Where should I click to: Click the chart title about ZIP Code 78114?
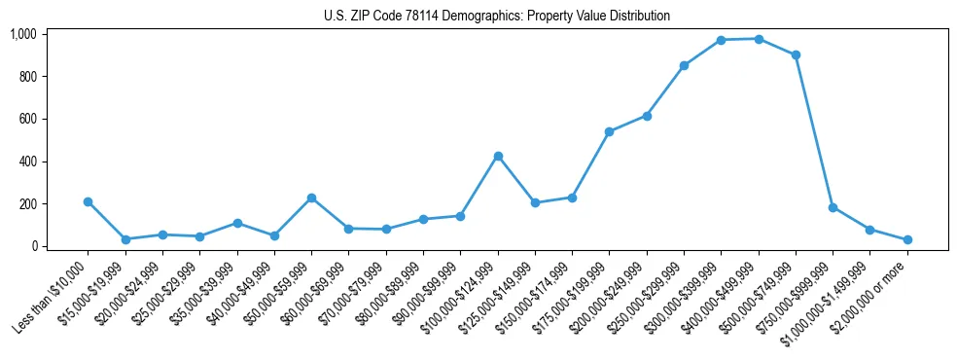pyautogui.click(x=497, y=16)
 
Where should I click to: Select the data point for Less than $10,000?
pyautogui.click(x=88, y=201)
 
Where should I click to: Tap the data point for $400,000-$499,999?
pyautogui.click(x=759, y=39)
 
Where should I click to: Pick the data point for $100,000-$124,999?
pyautogui.click(x=498, y=156)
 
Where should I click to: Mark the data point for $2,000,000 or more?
pyautogui.click(x=907, y=239)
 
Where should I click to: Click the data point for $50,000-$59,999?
pyautogui.click(x=311, y=198)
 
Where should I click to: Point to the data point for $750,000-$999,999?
pyautogui.click(x=833, y=207)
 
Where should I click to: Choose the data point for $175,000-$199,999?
pyautogui.click(x=609, y=131)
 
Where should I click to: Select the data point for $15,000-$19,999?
pyautogui.click(x=125, y=239)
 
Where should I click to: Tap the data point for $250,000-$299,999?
pyautogui.click(x=684, y=65)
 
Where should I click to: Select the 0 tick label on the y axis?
pyautogui.click(x=33, y=246)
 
